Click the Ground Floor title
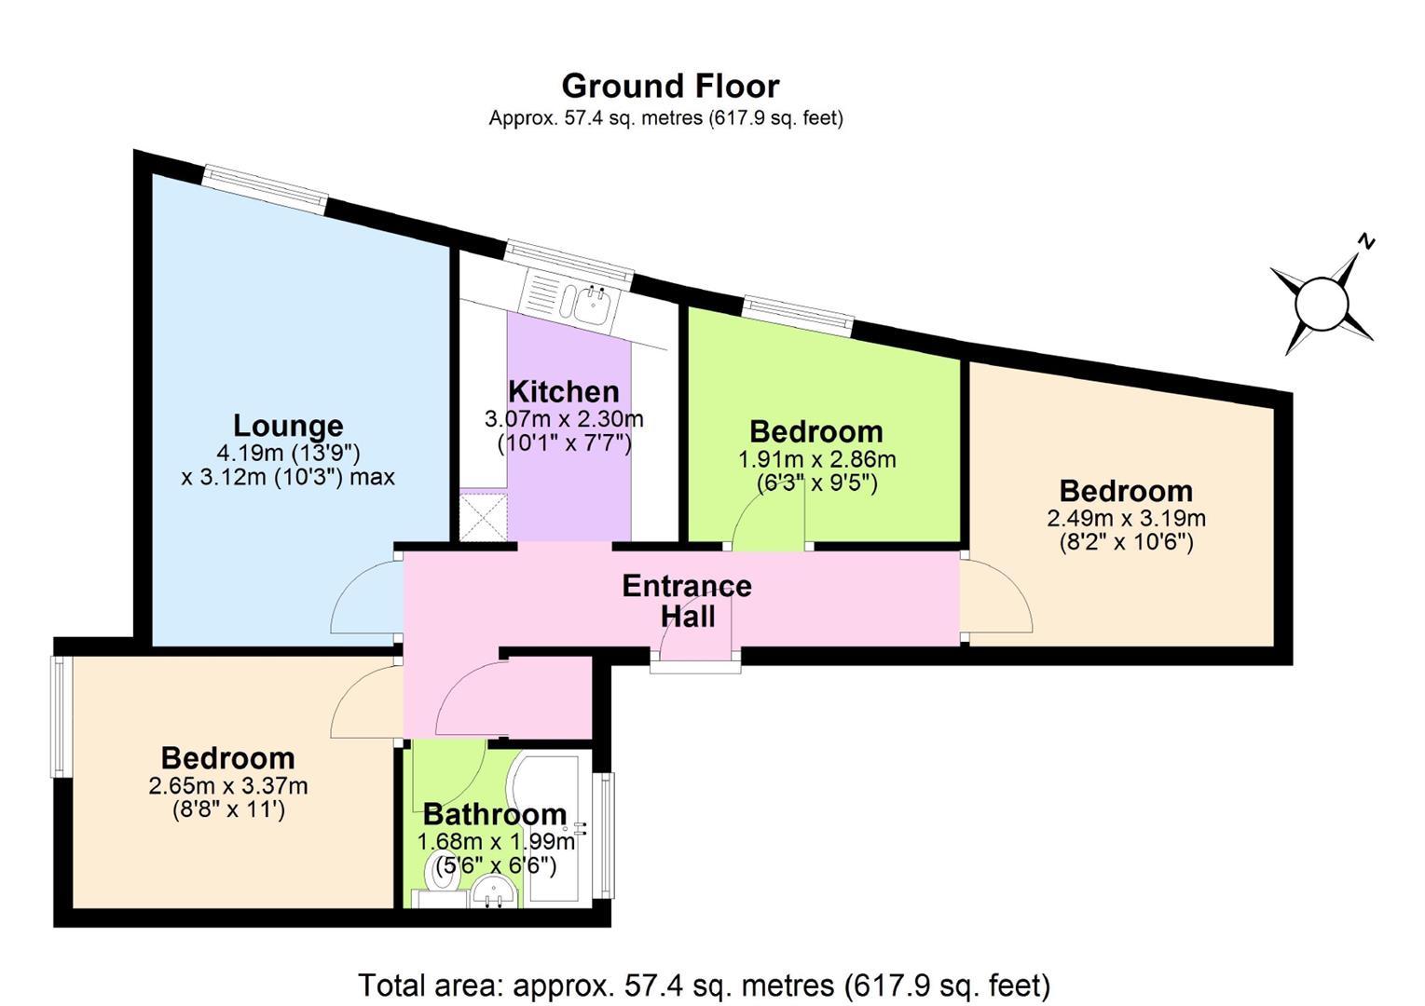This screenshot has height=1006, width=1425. [670, 87]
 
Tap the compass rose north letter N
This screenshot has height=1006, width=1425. [1366, 241]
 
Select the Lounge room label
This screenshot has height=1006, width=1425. [288, 426]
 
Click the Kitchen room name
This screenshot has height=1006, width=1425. [564, 392]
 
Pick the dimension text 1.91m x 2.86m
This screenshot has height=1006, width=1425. [816, 459]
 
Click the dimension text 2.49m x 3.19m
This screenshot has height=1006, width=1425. [1126, 518]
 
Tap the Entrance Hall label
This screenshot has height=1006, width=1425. [687, 601]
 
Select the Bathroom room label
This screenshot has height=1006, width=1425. [495, 814]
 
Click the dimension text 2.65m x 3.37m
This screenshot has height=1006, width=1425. [227, 786]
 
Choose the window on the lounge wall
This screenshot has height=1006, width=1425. [266, 189]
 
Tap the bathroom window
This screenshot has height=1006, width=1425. [605, 835]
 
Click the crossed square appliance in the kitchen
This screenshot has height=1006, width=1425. [484, 517]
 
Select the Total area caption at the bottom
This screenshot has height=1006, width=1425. [705, 986]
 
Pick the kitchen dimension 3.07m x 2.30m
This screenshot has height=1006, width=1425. [564, 419]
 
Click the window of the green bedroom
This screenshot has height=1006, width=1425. [798, 316]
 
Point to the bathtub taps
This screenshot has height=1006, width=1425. [580, 828]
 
